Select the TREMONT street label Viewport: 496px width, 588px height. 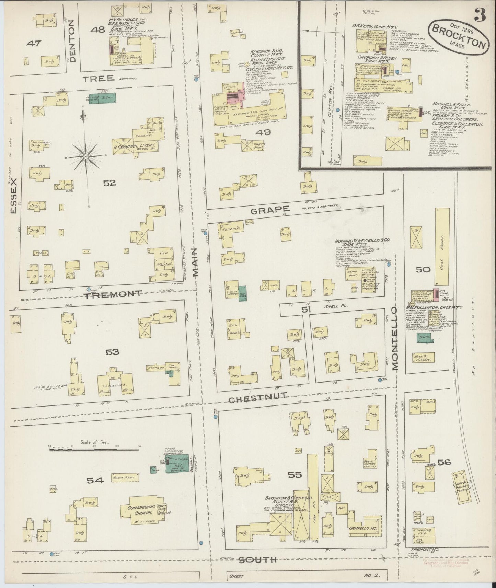113,294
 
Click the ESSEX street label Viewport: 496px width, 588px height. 14,196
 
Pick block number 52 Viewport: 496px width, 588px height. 110,183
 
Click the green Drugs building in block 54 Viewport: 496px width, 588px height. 177,463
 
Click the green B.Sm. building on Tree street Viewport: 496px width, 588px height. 103,98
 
